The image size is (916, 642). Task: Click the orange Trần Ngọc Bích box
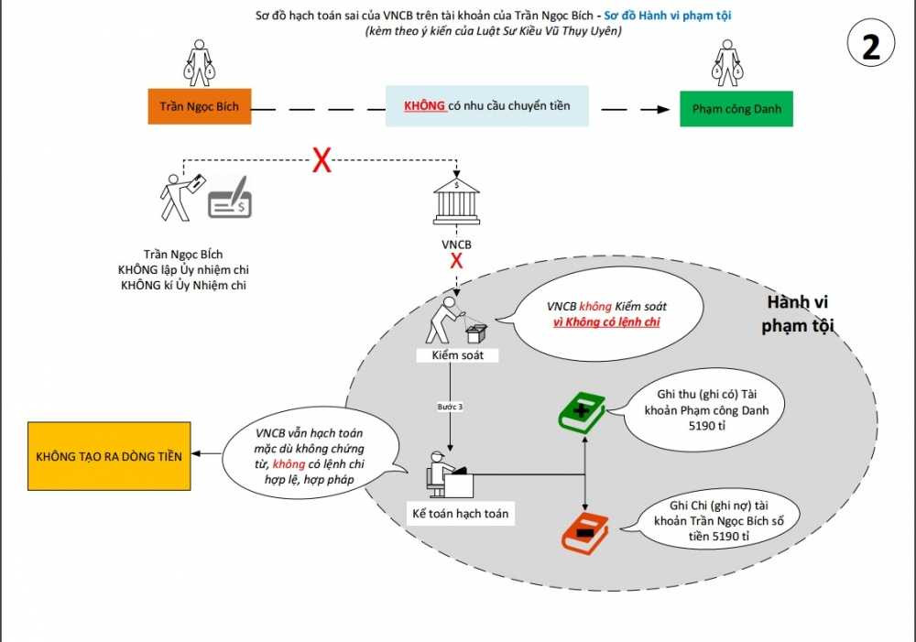(199, 106)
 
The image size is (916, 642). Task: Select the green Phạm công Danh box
(736, 109)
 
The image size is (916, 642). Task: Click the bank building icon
(456, 201)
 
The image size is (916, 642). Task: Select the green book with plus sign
(583, 411)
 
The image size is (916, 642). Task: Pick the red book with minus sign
(583, 531)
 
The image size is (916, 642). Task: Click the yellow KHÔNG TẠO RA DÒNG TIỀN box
(109, 455)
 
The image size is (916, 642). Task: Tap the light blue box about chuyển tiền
(486, 106)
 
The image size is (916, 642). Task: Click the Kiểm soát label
(456, 354)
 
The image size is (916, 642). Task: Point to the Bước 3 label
(448, 406)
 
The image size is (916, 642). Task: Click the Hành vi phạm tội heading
(798, 313)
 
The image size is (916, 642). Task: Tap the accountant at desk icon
(447, 473)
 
